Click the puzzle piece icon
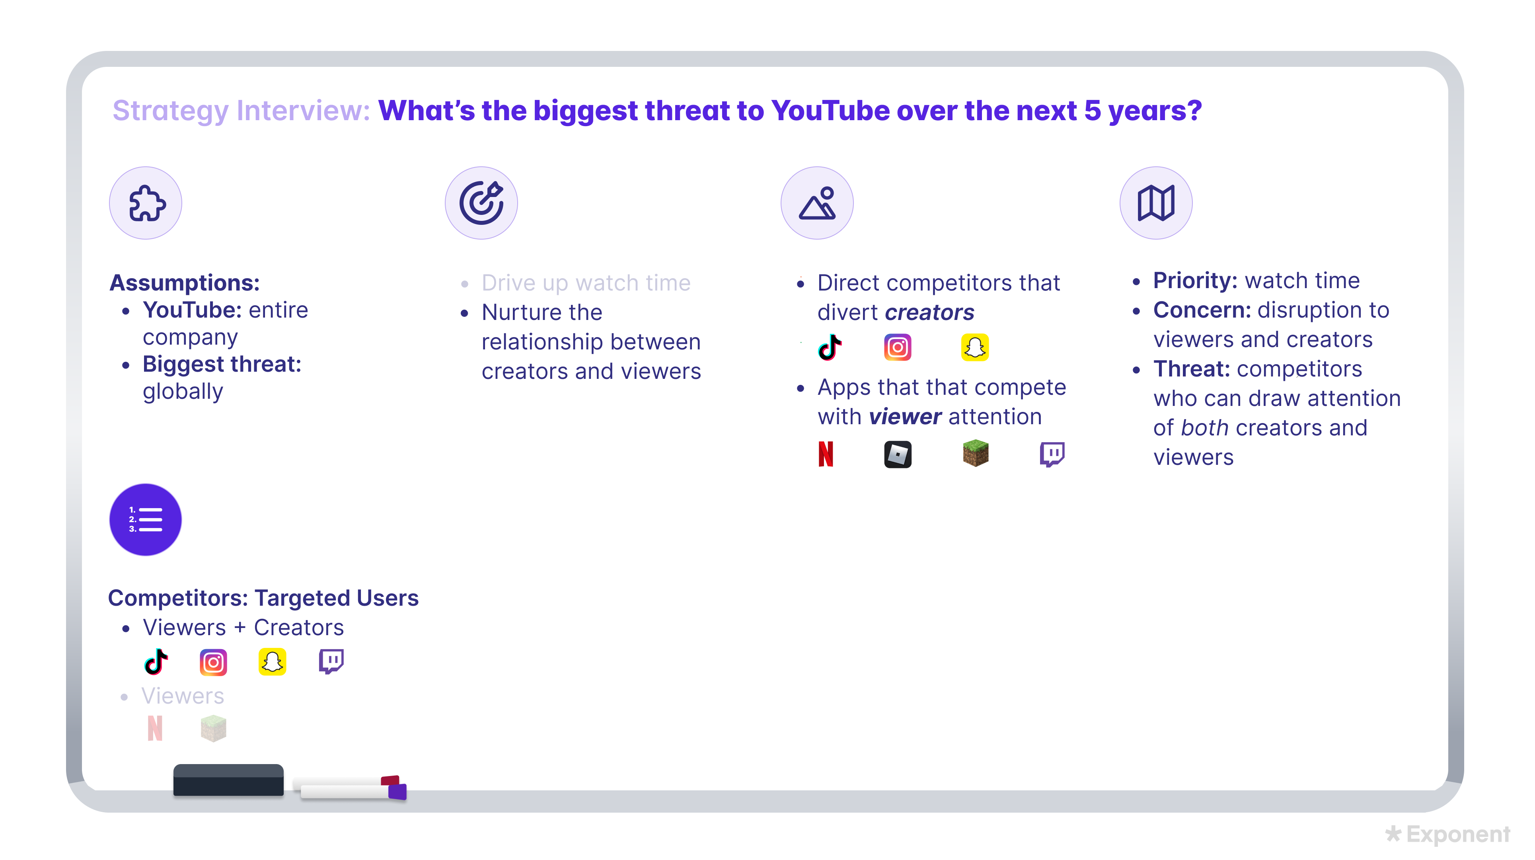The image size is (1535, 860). (x=146, y=203)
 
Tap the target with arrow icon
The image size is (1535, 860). (x=481, y=203)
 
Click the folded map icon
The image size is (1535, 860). (x=1155, y=203)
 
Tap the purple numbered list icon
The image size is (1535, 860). (x=145, y=520)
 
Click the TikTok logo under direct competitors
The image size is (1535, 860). (x=830, y=347)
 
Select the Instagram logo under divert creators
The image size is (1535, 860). (x=897, y=347)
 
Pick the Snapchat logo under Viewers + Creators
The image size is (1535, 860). (x=272, y=662)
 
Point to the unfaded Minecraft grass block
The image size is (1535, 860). (x=976, y=454)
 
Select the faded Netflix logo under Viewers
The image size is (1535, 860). (x=155, y=728)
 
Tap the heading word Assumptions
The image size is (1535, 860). (x=184, y=283)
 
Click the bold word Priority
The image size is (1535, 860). (x=1195, y=280)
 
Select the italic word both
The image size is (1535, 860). (x=1204, y=428)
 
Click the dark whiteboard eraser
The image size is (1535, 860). (x=228, y=780)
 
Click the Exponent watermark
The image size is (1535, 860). (x=1448, y=834)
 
